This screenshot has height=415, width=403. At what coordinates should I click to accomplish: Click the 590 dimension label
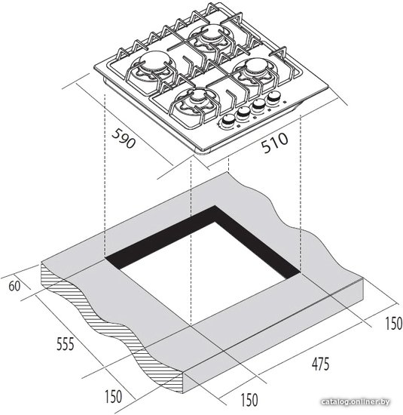(x=124, y=138)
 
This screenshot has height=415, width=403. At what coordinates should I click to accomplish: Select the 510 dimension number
(x=274, y=143)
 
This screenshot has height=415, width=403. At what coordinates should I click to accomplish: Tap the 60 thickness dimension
(x=14, y=287)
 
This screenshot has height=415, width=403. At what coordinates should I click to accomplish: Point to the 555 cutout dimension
(x=66, y=344)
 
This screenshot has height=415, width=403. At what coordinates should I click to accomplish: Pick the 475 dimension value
(x=321, y=364)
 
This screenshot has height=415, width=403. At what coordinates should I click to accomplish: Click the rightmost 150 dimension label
(x=393, y=323)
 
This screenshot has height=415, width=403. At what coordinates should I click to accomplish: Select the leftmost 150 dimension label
(x=114, y=396)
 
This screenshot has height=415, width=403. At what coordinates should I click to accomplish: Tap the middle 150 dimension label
(x=249, y=400)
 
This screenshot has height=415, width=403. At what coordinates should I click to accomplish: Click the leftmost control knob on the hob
(x=227, y=121)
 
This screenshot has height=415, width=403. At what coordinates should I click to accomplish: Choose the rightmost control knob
(x=273, y=97)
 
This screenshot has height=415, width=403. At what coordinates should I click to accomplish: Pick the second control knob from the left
(x=243, y=113)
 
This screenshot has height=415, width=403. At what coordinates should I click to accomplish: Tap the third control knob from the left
(x=258, y=106)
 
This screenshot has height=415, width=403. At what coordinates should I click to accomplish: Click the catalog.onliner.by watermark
(x=356, y=401)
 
